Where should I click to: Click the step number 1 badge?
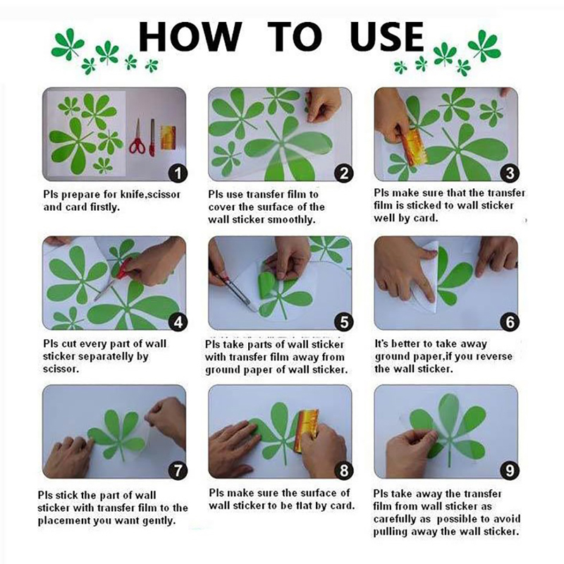tap(178, 173)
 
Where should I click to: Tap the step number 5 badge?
tap(344, 322)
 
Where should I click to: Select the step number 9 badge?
tap(510, 470)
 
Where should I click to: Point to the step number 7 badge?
tap(178, 470)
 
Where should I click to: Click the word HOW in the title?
tap(190, 37)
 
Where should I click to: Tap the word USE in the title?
tap(387, 37)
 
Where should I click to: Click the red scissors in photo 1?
tap(137, 137)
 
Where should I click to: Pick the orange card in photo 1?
tap(168, 137)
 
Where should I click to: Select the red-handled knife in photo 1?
tap(152, 138)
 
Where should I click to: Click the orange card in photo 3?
tap(413, 147)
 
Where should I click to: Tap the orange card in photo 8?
tap(306, 430)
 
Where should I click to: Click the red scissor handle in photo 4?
tap(124, 268)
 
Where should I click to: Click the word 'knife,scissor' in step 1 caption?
tap(150, 195)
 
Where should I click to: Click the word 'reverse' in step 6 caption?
tap(496, 357)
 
